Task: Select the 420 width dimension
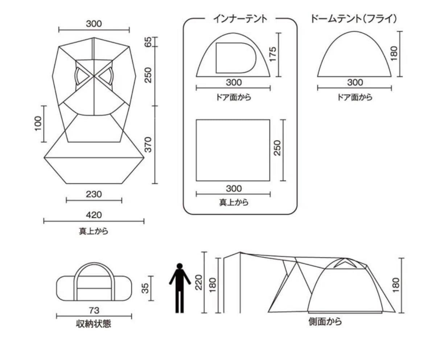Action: click(x=94, y=215)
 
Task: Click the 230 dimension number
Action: click(x=94, y=194)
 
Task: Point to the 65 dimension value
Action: click(x=148, y=42)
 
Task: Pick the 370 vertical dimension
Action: click(x=148, y=144)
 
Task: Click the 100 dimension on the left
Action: click(x=38, y=123)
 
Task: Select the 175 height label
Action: click(x=272, y=54)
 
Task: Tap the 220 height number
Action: click(x=199, y=282)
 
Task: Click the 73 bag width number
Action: click(x=94, y=311)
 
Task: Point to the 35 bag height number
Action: click(x=145, y=288)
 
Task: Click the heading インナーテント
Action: click(x=240, y=19)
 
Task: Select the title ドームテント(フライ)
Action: click(x=354, y=19)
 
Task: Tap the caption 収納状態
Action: click(x=94, y=324)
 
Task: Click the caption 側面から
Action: click(x=325, y=321)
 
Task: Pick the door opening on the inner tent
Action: click(x=216, y=58)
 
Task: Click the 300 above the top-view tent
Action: click(x=94, y=24)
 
